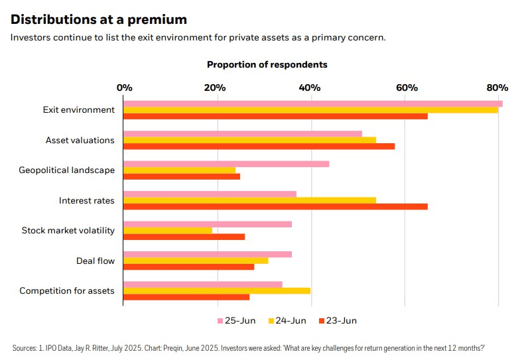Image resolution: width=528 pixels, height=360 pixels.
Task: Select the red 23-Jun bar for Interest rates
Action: click(x=275, y=206)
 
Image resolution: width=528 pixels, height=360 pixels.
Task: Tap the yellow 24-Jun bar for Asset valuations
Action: click(x=249, y=140)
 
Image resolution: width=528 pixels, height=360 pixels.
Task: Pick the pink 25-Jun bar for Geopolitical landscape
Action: click(x=226, y=164)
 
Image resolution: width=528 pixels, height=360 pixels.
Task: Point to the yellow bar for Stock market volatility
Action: click(x=168, y=230)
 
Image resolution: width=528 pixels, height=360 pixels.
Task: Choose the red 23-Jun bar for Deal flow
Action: click(x=189, y=267)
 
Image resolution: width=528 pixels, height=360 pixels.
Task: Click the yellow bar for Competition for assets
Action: click(x=217, y=290)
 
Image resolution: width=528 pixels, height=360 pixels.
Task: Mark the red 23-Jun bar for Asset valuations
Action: click(x=259, y=146)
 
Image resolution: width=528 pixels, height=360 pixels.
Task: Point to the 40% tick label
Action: click(x=310, y=88)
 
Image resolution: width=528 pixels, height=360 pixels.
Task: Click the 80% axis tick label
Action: click(x=497, y=88)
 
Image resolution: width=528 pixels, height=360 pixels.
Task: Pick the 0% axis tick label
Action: click(x=124, y=88)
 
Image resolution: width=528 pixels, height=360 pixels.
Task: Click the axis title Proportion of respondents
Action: click(x=267, y=65)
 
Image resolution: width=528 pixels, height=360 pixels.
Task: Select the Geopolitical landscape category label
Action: click(x=66, y=170)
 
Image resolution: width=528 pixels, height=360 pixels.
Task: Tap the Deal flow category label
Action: click(x=96, y=261)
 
